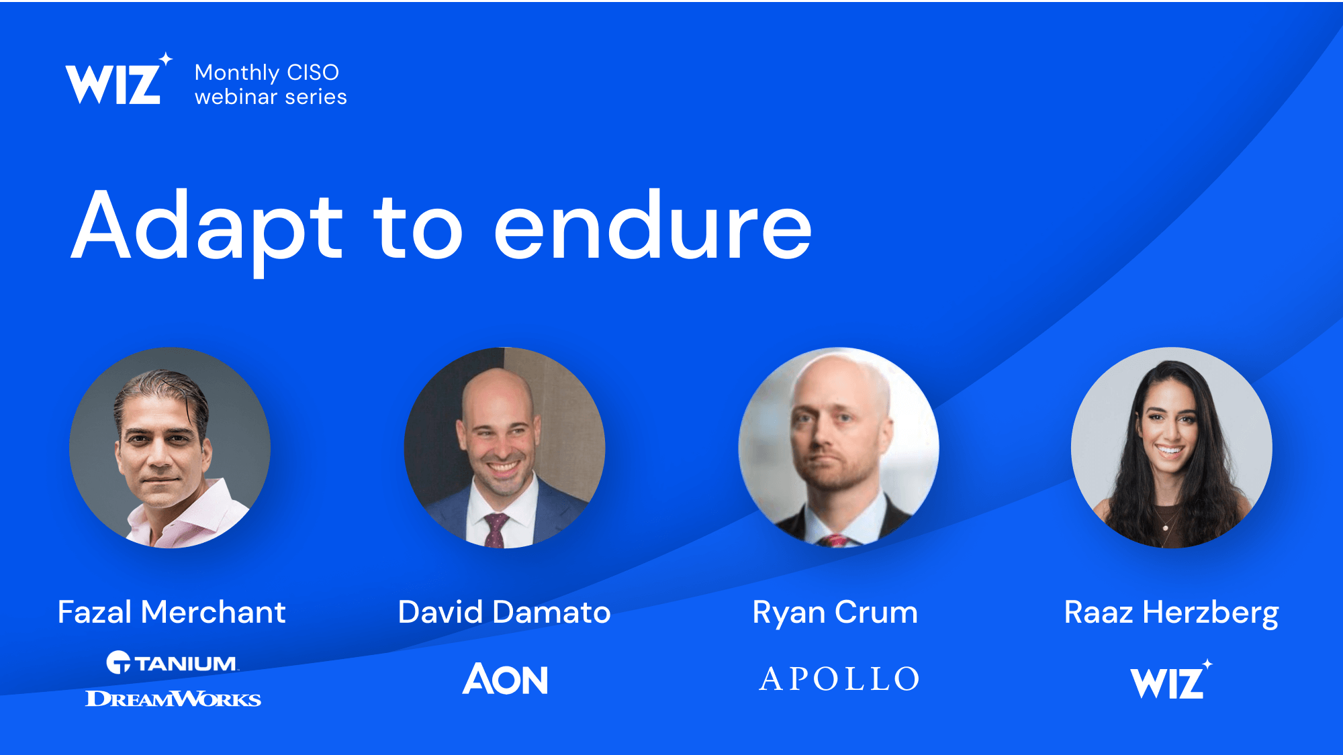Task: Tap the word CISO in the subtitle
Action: (x=313, y=72)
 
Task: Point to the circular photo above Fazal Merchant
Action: (x=170, y=448)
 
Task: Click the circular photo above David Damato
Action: (x=504, y=448)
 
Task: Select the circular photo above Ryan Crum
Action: (x=839, y=448)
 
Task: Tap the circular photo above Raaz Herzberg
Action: (x=1172, y=448)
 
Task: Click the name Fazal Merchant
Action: (x=172, y=612)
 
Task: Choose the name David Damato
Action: (x=504, y=612)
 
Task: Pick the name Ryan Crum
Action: (x=835, y=613)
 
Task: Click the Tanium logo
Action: (x=172, y=662)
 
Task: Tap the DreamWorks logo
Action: (x=173, y=699)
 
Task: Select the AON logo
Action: (x=506, y=678)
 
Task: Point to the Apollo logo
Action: (x=839, y=678)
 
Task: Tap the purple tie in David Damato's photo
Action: (x=495, y=530)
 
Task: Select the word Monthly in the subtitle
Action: (x=237, y=73)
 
